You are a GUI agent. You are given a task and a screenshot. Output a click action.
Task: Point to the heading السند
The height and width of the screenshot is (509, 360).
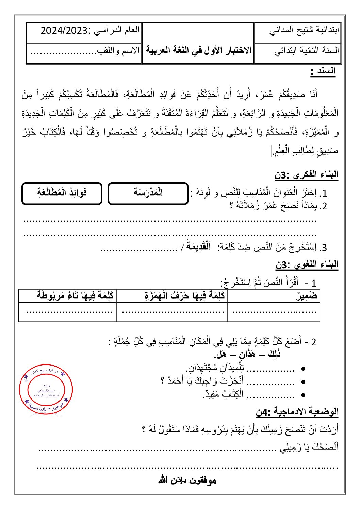click(323, 71)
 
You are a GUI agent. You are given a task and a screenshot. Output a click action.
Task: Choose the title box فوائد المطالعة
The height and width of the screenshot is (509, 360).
click(62, 193)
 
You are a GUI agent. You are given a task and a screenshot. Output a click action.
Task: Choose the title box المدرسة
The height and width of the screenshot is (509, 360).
click(148, 193)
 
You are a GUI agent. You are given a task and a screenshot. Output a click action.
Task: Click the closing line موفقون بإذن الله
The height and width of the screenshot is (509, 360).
click(187, 480)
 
